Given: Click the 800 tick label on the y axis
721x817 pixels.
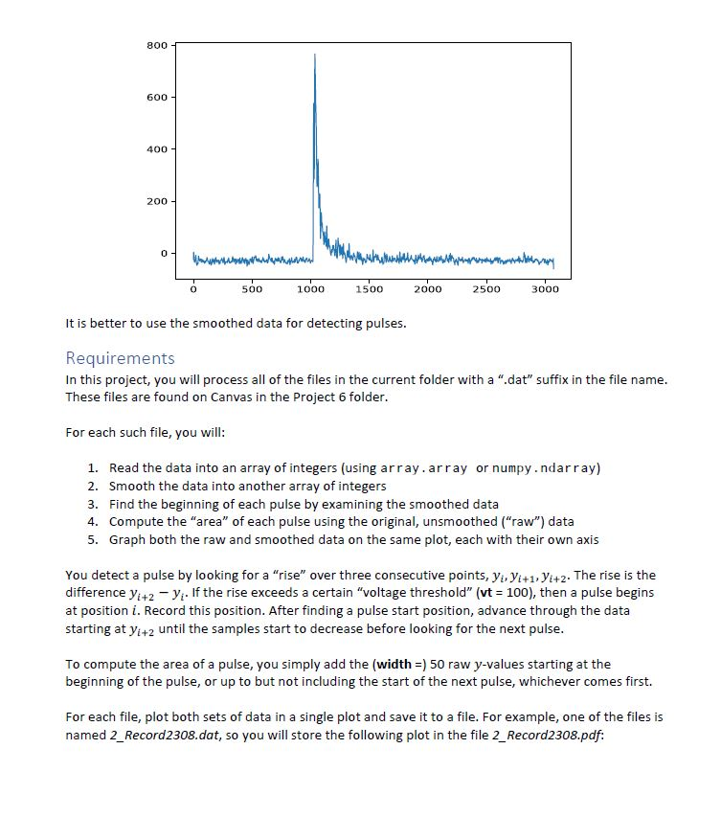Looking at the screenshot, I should pos(156,45).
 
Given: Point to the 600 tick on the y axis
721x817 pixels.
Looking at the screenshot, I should pos(156,98).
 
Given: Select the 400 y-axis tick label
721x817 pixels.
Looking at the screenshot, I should pos(156,149).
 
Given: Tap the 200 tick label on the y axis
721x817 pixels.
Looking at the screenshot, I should pos(156,202).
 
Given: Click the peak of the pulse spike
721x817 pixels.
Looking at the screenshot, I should pos(314,56).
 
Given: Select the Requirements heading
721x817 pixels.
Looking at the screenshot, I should pos(120,358).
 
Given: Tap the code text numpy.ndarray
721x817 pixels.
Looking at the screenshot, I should pos(545,468).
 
